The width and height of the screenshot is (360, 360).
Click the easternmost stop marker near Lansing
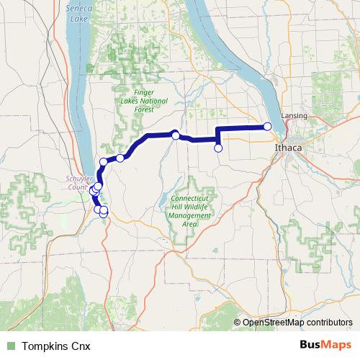[268, 127]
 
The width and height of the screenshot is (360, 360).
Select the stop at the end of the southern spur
[218, 148]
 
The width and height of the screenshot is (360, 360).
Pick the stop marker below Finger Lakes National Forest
[175, 135]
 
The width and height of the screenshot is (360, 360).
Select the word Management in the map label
[191, 215]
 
